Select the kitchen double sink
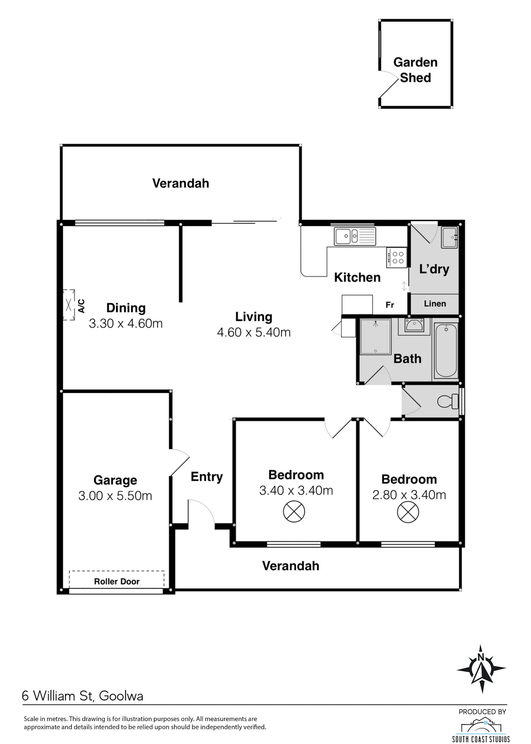[x=355, y=236]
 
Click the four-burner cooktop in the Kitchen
[x=396, y=258]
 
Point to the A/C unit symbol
[x=69, y=305]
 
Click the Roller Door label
[x=117, y=581]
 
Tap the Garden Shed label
[x=416, y=70]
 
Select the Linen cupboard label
[x=435, y=304]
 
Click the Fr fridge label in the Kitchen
[x=390, y=305]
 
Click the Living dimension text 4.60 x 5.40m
[x=254, y=332]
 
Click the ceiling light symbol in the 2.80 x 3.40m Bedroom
[x=408, y=512]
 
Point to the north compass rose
[x=481, y=669]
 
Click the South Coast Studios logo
[x=481, y=726]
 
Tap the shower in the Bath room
[x=375, y=336]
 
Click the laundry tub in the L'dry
[x=449, y=237]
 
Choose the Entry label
[x=207, y=477]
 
